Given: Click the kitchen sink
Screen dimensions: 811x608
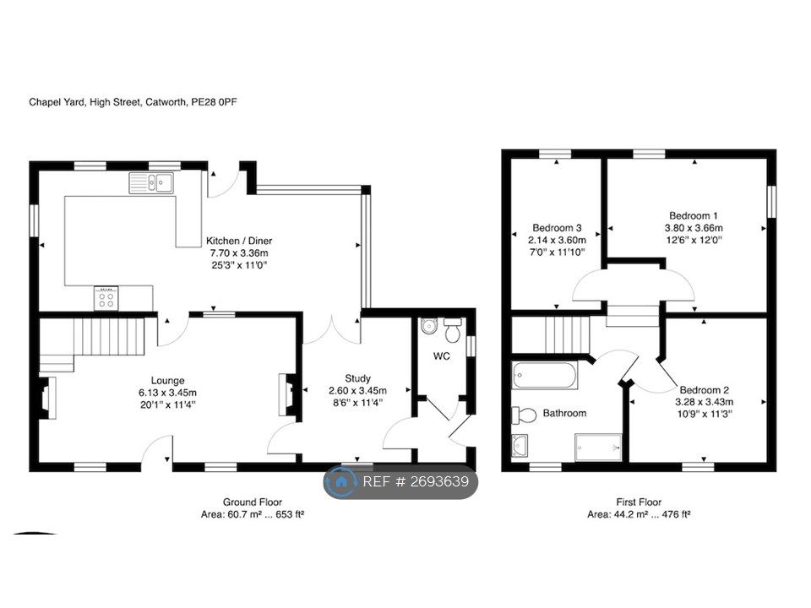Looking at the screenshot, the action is pos(151,182).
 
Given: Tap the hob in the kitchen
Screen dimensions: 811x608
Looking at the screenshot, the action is pos(106,298).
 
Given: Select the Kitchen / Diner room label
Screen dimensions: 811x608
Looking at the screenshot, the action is pos(239,241).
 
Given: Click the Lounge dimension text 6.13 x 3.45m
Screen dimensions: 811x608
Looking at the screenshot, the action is pos(168,393).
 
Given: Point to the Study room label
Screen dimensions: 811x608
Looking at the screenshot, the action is pos(357,378).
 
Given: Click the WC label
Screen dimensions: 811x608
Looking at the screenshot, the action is pos(442,356).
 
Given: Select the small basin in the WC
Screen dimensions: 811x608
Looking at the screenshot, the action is pos(429,326).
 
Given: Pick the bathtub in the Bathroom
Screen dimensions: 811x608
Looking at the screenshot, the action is pos(545,375).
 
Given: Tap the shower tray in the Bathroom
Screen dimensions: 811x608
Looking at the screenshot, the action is pos(598,447).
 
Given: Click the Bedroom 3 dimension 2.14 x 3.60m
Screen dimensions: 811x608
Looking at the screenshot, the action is pos(557,240).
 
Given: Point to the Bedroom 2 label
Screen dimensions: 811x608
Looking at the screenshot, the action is pos(705,390).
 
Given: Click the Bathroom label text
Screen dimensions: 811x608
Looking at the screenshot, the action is pos(565,413).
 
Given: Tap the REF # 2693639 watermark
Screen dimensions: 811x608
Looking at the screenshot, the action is pos(400,482).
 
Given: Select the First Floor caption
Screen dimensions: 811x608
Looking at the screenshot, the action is pos(639,502).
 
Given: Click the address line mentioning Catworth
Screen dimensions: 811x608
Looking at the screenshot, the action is pos(133,102).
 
